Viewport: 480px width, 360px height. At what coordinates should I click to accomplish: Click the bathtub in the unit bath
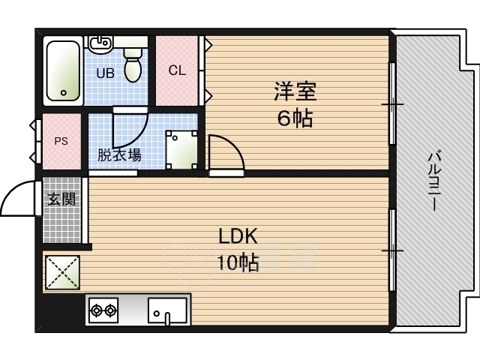pyautogui.click(x=63, y=70)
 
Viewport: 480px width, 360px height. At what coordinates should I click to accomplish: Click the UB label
pyautogui.click(x=105, y=73)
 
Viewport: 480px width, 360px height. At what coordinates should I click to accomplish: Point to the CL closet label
pyautogui.click(x=177, y=70)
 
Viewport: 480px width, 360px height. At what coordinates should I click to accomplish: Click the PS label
pyautogui.click(x=61, y=141)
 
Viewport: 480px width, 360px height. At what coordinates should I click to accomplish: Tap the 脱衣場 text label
pyautogui.click(x=119, y=155)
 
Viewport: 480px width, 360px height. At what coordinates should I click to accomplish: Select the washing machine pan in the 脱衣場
pyautogui.click(x=181, y=150)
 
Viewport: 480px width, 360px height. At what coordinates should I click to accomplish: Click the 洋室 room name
pyautogui.click(x=295, y=91)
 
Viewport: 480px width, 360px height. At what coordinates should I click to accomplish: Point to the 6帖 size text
pyautogui.click(x=295, y=118)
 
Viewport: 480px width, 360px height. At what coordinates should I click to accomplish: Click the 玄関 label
pyautogui.click(x=61, y=199)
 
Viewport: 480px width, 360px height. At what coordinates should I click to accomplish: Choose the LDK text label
pyautogui.click(x=238, y=236)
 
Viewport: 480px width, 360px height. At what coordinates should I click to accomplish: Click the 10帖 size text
pyautogui.click(x=238, y=262)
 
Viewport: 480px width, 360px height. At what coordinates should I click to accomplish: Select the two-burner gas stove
pyautogui.click(x=103, y=310)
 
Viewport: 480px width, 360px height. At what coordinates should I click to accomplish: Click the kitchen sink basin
pyautogui.click(x=167, y=310)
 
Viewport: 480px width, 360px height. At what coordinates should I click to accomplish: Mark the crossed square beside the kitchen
pyautogui.click(x=62, y=272)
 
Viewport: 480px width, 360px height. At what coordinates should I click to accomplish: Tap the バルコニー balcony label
pyautogui.click(x=434, y=180)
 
